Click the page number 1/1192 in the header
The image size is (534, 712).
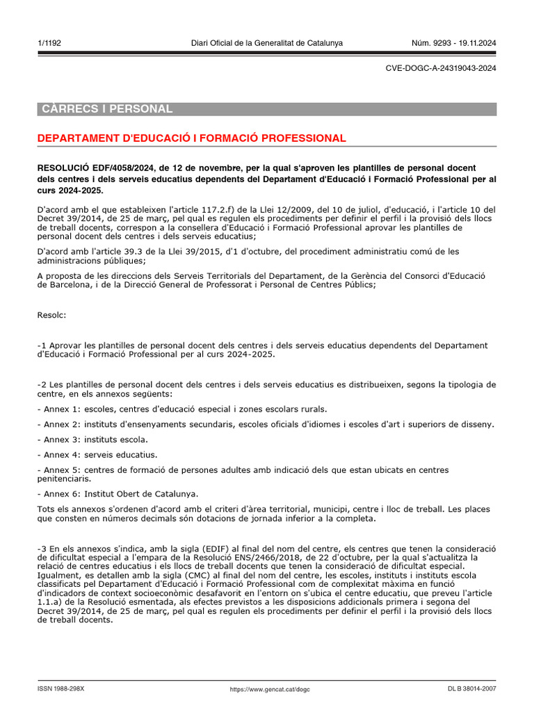[49, 43]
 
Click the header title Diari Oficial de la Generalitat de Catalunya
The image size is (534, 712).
[266, 43]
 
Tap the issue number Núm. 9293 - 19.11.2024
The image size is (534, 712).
[455, 43]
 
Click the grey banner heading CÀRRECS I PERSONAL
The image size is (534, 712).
[106, 109]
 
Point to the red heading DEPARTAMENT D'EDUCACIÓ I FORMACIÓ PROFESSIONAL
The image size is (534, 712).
[191, 138]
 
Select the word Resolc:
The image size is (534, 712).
[51, 315]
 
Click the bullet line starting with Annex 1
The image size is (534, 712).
[181, 409]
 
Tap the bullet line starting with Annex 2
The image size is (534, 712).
[265, 424]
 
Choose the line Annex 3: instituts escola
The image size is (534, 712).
[92, 439]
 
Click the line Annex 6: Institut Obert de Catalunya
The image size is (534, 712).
[118, 494]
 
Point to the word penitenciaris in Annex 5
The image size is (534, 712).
[63, 478]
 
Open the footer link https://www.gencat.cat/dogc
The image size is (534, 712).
[270, 689]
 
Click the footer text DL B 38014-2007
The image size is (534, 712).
[472, 689]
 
